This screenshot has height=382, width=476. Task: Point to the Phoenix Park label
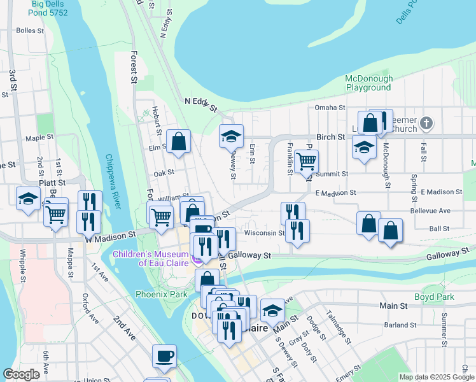162,294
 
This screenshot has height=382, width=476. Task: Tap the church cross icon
427,122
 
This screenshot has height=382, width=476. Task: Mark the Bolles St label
30,30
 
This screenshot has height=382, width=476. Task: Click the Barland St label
400,325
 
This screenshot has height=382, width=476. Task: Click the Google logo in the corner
22,374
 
